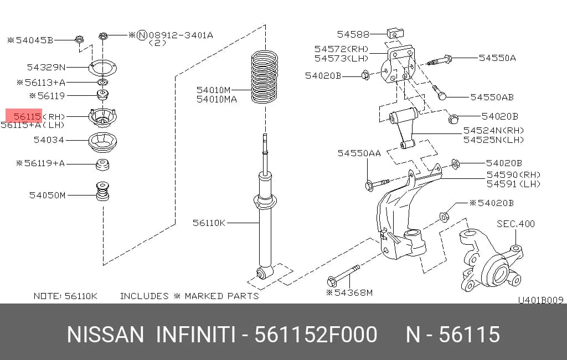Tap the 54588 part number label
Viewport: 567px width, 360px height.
(x=353, y=34)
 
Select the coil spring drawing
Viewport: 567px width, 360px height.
(x=265, y=77)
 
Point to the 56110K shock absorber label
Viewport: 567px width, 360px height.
(x=209, y=223)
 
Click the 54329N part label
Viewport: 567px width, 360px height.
(x=47, y=67)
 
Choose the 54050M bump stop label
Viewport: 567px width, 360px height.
(x=48, y=196)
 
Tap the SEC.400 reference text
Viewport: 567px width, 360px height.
(x=516, y=224)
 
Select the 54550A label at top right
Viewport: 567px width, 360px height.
(x=497, y=58)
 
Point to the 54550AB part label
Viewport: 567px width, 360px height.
(x=492, y=97)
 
